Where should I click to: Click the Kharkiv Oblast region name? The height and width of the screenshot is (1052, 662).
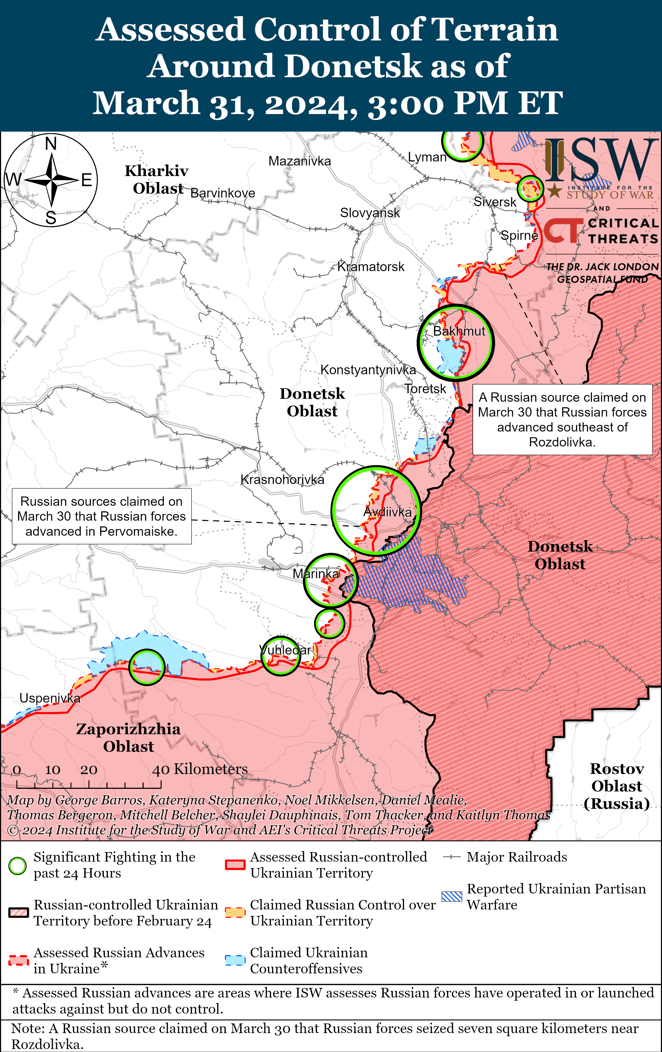click(157, 179)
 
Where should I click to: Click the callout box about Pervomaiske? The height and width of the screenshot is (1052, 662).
click(101, 516)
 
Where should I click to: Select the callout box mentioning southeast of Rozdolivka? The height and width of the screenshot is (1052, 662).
click(562, 419)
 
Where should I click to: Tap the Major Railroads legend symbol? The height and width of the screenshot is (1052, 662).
click(451, 857)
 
